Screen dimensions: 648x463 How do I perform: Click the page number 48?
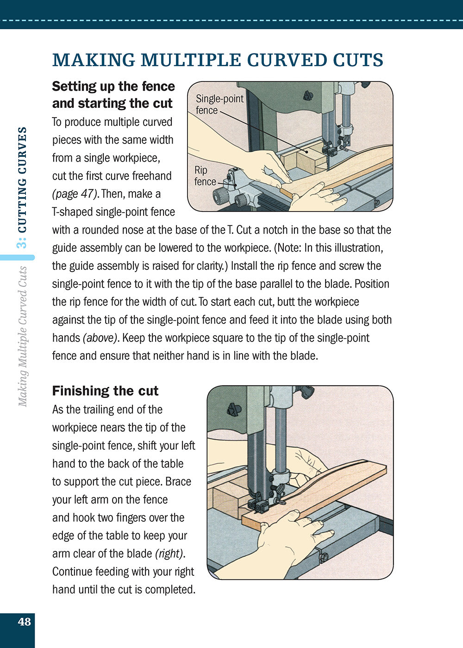tap(24, 622)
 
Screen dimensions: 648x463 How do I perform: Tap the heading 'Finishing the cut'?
tap(105, 391)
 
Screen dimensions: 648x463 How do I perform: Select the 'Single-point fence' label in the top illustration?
tap(219, 104)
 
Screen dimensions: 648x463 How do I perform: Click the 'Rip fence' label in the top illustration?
tap(205, 176)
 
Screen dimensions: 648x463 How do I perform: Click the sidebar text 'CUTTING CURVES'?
tap(22, 181)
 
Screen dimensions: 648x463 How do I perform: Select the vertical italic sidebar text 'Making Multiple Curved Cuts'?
tap(22, 336)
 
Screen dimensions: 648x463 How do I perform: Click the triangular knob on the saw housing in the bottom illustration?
tap(234, 409)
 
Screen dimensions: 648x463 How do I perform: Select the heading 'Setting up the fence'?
tap(113, 87)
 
